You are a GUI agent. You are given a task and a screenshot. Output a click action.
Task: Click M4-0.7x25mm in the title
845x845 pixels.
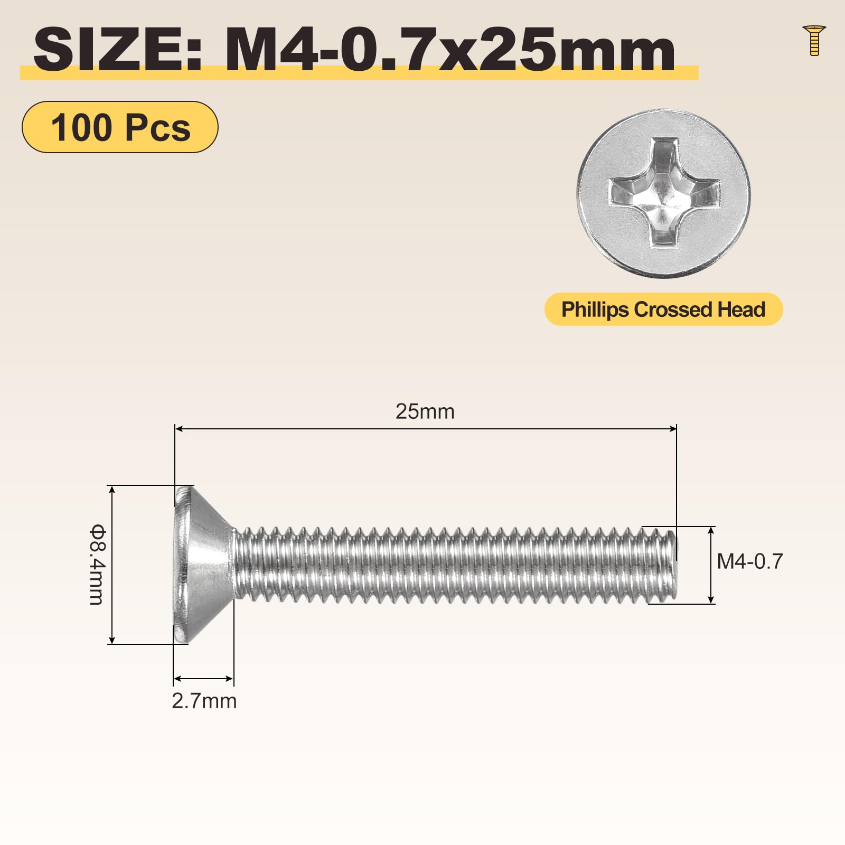450,50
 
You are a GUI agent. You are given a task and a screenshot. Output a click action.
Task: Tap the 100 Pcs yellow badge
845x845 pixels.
120,127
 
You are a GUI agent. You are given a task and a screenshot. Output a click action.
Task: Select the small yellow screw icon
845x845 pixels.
814,40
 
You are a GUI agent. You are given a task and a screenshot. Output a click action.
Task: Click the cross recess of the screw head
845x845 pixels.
664,193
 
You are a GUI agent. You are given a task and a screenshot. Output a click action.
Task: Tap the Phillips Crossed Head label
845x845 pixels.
663,309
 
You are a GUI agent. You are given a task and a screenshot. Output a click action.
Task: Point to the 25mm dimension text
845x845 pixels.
425,411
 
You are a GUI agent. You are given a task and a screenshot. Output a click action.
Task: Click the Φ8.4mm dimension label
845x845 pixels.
97,564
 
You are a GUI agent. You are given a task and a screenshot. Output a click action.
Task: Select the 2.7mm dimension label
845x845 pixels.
204,701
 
